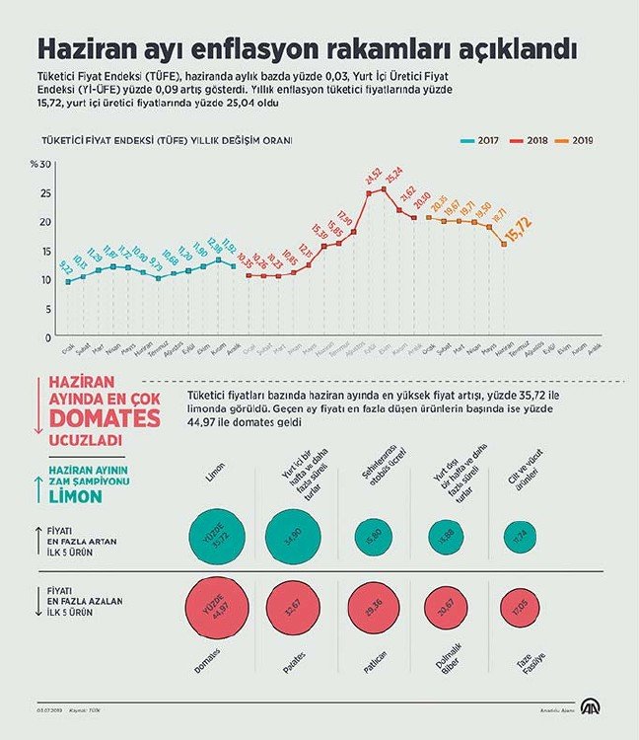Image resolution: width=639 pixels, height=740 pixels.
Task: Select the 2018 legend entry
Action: pyautogui.click(x=533, y=141)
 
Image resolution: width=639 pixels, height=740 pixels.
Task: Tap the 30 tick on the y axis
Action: pyautogui.click(x=44, y=164)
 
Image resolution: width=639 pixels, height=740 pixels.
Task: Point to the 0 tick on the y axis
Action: pyautogui.click(x=46, y=336)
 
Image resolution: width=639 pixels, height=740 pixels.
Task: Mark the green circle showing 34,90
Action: pyautogui.click(x=293, y=538)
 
